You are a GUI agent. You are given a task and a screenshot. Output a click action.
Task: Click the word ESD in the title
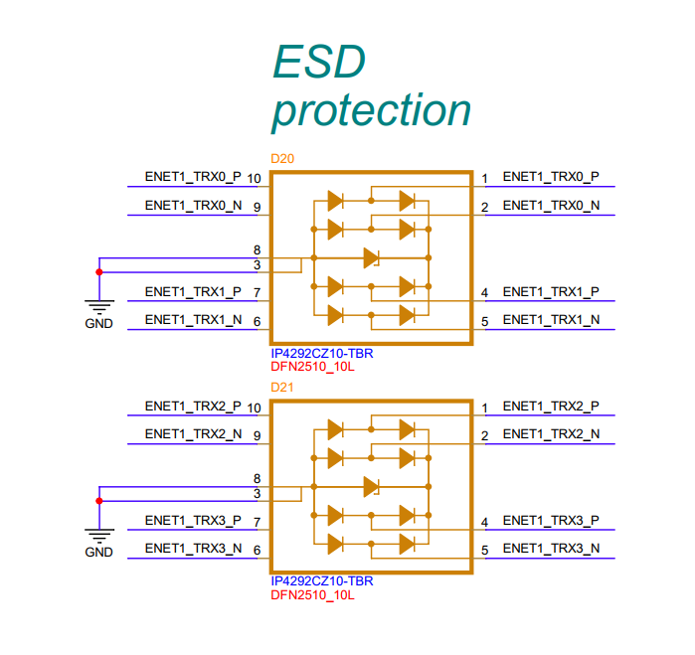coord(319,62)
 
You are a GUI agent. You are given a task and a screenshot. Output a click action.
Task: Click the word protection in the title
coord(372,110)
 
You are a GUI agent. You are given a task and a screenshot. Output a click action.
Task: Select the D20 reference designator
coord(282,159)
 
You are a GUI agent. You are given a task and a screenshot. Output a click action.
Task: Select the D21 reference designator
coord(282,388)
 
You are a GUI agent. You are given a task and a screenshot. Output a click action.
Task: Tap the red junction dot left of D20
coord(99,272)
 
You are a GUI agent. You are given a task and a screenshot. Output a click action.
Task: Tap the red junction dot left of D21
coord(99,501)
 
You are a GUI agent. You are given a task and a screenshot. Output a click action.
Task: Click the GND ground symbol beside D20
coord(99,307)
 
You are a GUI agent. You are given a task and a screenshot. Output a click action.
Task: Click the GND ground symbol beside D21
coord(99,536)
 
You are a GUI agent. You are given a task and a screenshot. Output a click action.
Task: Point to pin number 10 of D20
coord(254,179)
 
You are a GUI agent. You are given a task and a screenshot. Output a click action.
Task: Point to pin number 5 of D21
coord(485,551)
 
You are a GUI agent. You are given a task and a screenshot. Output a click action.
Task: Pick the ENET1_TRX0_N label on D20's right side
coord(551,206)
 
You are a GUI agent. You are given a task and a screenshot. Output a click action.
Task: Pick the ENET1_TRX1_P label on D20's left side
coord(193,292)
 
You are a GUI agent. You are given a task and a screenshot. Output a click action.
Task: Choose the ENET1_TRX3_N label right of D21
coord(551,549)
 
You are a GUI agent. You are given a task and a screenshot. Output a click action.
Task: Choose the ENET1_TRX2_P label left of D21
coord(193,407)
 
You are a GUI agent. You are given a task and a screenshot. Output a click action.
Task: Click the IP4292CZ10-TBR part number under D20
coord(322,354)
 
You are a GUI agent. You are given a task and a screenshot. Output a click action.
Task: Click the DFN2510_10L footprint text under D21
coord(312,595)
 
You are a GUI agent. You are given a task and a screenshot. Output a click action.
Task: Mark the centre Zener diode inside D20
coord(372,257)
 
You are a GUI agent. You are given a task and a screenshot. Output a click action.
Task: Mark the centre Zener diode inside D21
coord(372,487)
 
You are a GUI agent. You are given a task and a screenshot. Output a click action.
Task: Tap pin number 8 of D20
coord(258,250)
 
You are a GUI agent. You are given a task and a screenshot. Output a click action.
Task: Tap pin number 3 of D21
coord(258,494)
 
